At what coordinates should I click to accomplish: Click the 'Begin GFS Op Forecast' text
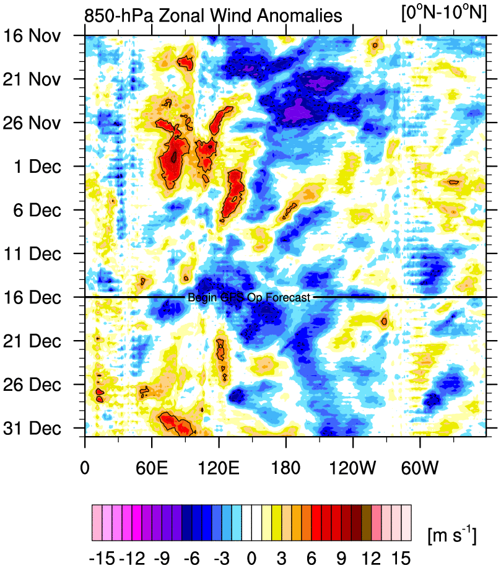248,298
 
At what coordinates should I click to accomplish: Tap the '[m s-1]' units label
451,533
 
